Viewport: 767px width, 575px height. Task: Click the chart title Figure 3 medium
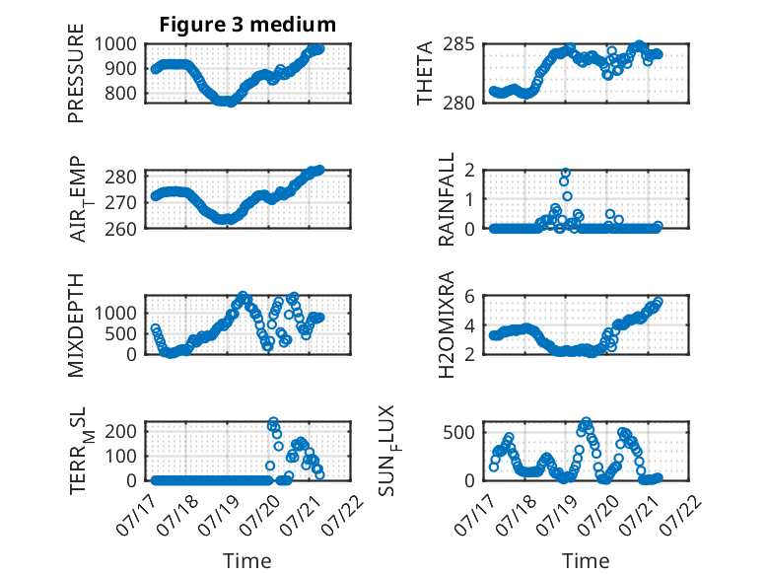click(x=247, y=25)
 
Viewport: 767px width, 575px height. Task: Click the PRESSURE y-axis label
click(x=76, y=73)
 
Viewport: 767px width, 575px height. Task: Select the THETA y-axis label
click(x=425, y=73)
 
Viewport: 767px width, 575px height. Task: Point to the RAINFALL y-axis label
click(x=447, y=199)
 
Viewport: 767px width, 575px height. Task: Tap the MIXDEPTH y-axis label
click(x=76, y=325)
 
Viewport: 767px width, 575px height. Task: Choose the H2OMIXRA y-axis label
click(x=447, y=324)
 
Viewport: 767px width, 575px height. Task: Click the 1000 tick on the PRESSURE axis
click(x=115, y=44)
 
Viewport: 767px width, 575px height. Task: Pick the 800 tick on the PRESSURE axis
click(x=120, y=93)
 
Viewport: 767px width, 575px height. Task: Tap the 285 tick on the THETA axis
click(x=458, y=44)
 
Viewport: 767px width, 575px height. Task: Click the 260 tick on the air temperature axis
click(x=120, y=229)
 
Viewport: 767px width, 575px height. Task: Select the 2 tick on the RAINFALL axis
click(x=470, y=171)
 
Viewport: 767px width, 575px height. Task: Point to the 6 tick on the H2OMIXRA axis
click(x=470, y=296)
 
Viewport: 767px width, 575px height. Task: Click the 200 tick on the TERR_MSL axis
click(x=120, y=431)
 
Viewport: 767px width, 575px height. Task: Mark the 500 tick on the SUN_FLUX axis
click(x=458, y=432)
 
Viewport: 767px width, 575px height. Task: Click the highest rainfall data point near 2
click(x=566, y=173)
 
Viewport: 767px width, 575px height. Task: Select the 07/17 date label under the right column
click(x=472, y=516)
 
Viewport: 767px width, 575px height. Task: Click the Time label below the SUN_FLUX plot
click(x=586, y=561)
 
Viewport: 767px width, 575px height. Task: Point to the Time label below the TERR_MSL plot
click(x=247, y=561)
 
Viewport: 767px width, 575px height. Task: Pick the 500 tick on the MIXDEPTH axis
click(x=120, y=333)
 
